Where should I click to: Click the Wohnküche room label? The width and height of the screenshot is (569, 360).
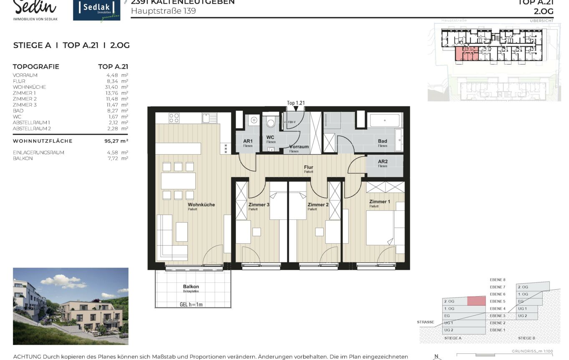[201, 204]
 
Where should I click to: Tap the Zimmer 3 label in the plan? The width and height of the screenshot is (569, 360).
[259, 204]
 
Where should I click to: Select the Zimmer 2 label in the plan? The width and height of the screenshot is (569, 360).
[318, 204]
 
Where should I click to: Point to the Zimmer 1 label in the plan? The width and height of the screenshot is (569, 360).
[379, 201]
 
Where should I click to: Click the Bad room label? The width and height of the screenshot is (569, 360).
[382, 141]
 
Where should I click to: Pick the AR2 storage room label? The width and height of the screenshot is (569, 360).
[383, 161]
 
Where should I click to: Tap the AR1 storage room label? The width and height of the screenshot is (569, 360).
[248, 141]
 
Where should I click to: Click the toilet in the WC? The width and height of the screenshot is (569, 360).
[271, 122]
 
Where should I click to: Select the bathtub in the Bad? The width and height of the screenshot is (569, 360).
[385, 121]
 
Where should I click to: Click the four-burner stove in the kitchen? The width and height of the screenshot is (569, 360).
[174, 118]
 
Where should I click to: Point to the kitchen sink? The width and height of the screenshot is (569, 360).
[209, 118]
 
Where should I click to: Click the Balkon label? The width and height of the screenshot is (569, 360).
[191, 287]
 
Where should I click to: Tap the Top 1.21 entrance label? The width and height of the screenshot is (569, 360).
[296, 103]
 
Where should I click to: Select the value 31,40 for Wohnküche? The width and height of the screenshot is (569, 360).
[113, 87]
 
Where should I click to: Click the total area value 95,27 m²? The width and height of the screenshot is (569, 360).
[116, 141]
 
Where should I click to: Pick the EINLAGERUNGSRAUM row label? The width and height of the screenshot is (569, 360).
[38, 153]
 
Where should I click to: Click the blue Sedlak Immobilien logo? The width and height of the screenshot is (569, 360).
[96, 10]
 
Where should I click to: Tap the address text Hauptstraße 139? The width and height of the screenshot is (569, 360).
[163, 11]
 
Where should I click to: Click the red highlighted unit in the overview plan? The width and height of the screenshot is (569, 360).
[466, 54]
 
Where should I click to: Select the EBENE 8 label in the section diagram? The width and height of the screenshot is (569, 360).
[497, 279]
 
